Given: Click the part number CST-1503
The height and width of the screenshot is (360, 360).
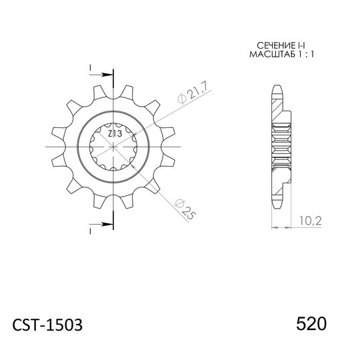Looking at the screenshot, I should [49, 325].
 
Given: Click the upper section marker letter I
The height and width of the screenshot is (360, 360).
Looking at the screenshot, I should [90, 67].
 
